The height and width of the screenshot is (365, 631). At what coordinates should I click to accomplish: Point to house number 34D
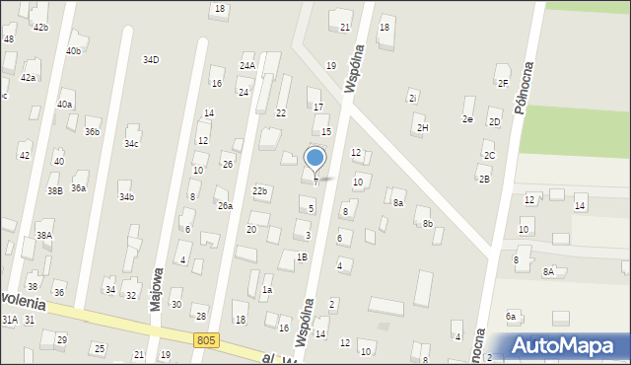click(x=150, y=60)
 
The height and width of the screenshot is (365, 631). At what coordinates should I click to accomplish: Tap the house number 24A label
click(x=246, y=66)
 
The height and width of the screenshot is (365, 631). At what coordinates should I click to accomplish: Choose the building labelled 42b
click(x=40, y=28)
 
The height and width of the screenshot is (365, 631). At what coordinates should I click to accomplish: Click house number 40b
click(x=74, y=50)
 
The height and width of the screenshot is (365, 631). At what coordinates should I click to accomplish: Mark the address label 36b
click(x=92, y=131)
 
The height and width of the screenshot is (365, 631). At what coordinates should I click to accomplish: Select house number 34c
click(x=131, y=144)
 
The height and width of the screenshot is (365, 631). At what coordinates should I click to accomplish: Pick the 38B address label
click(x=54, y=190)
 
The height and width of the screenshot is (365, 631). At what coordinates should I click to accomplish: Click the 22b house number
click(x=259, y=190)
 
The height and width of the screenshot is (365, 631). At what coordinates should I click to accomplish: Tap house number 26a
click(x=225, y=205)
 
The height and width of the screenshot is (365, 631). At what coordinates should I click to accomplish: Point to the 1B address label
click(x=302, y=256)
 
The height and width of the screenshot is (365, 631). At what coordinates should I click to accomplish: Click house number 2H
click(x=423, y=127)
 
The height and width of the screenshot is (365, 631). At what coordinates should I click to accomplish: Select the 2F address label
click(x=503, y=83)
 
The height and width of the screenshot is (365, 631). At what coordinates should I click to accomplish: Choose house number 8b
click(x=427, y=224)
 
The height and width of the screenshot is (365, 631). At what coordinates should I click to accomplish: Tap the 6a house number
click(x=511, y=316)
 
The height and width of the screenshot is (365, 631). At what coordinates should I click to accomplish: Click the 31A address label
click(x=10, y=320)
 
